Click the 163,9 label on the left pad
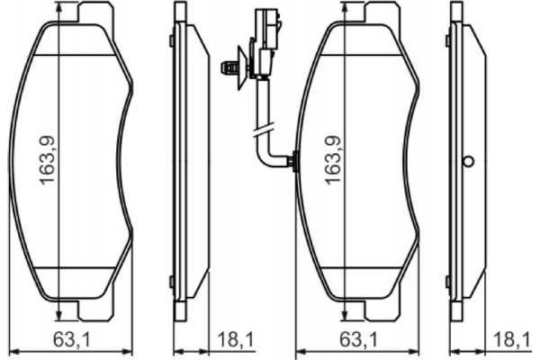click(x=48, y=160)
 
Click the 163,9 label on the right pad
click(x=332, y=160)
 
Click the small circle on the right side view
click(x=467, y=161)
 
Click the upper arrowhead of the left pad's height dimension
click(x=58, y=7)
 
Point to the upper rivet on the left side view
click(x=171, y=40)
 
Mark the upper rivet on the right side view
click(x=447, y=40)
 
